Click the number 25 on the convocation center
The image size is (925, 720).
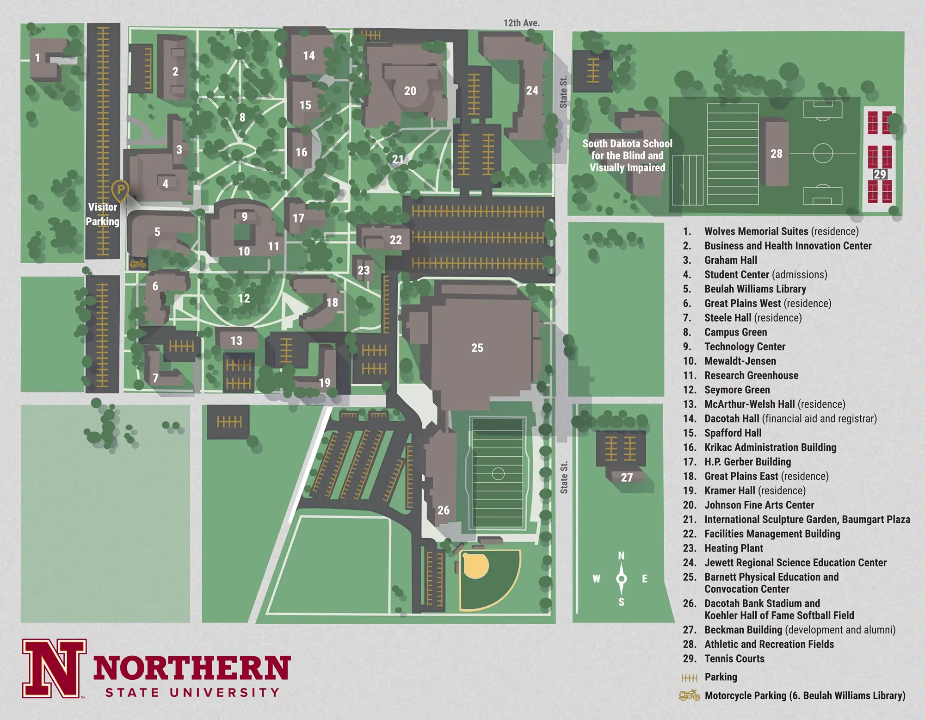[477, 348]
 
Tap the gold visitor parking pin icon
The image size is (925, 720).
[120, 190]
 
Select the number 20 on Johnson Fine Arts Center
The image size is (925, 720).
[410, 91]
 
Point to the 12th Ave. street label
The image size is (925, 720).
[521, 23]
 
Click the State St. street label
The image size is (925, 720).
[564, 478]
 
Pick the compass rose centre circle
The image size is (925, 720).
[621, 578]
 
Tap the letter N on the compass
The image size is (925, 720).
[621, 556]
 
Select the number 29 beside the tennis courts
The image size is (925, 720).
[879, 174]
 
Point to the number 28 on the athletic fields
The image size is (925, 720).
[776, 154]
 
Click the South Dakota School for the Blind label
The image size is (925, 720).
[627, 155]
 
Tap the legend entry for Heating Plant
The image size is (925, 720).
[734, 548]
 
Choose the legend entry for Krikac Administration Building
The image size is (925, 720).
[770, 447]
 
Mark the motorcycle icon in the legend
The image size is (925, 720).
[689, 695]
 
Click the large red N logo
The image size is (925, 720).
[54, 669]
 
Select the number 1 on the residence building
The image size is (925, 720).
[37, 58]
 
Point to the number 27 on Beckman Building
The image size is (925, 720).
[627, 477]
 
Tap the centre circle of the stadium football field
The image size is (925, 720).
[498, 473]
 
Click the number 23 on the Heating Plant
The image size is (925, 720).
[364, 270]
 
